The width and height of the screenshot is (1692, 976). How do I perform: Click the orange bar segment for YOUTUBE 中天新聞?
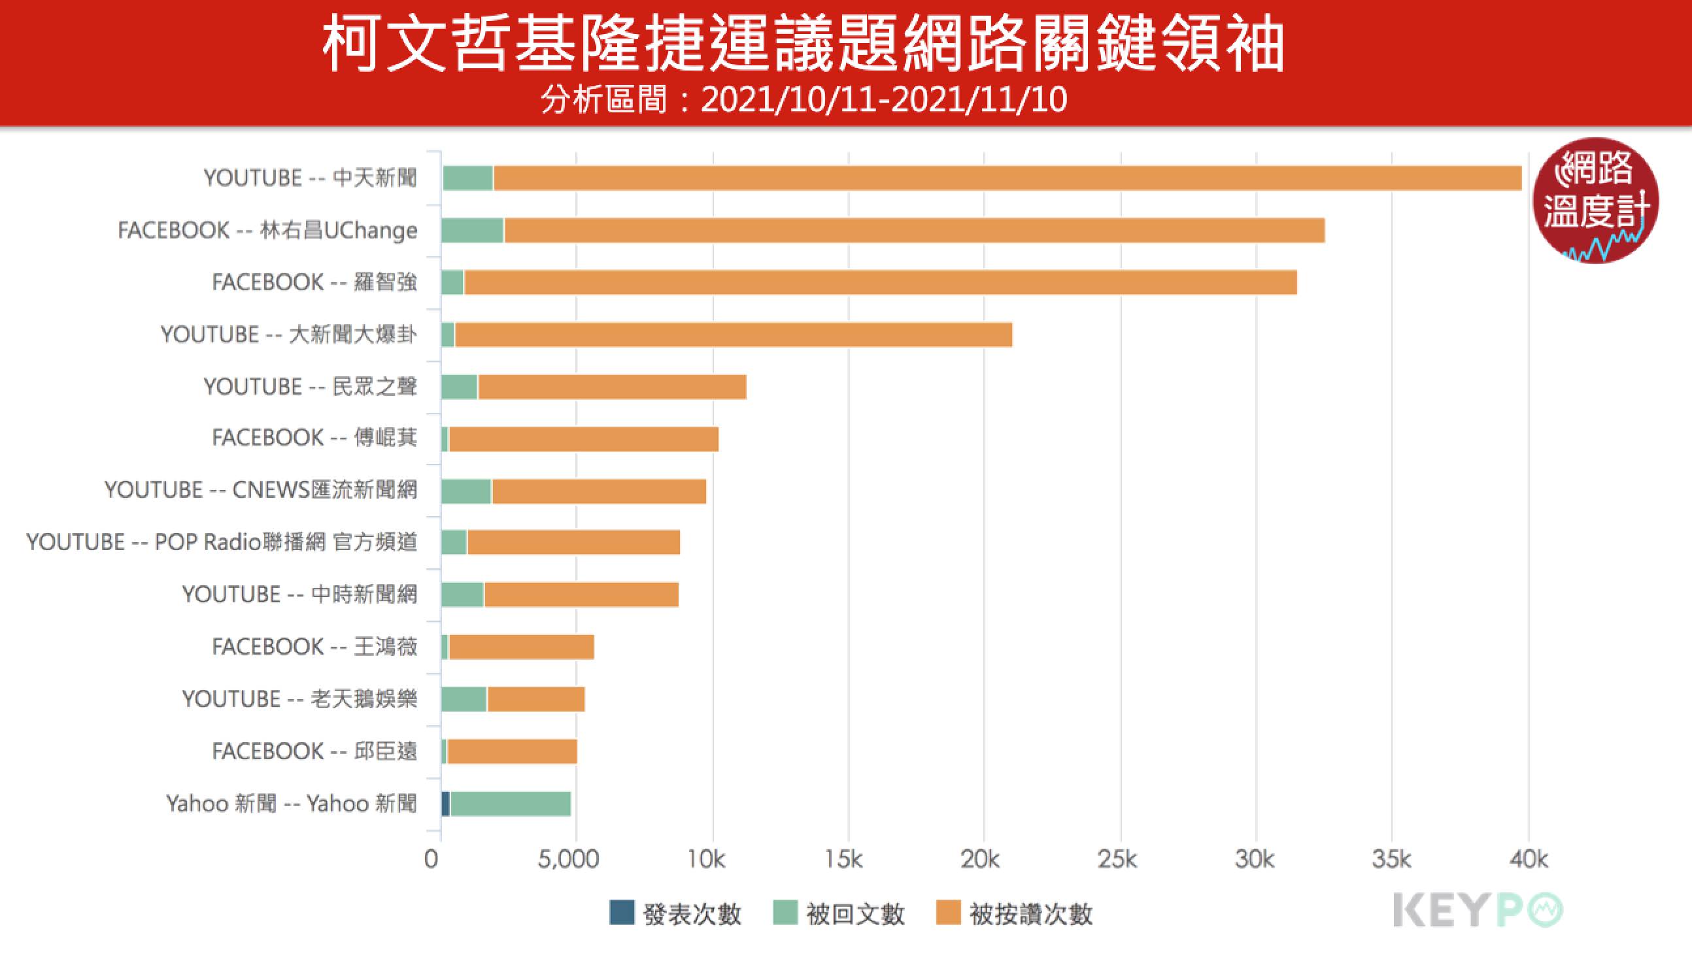click(x=1006, y=178)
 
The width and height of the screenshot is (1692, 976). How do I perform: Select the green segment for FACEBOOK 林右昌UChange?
click(x=472, y=231)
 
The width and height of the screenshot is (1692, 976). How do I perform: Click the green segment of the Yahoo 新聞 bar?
click(x=511, y=804)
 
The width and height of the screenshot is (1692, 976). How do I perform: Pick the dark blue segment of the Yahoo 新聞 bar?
click(x=445, y=804)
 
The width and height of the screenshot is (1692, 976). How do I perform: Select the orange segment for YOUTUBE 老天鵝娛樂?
click(x=535, y=699)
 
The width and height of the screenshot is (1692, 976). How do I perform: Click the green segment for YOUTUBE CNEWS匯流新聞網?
click(x=466, y=491)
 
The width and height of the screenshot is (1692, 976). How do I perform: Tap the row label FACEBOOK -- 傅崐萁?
click(x=314, y=438)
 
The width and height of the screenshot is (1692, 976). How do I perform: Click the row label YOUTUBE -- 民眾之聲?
click(x=311, y=387)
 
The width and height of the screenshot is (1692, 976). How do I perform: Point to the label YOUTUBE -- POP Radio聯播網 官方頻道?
click(x=222, y=542)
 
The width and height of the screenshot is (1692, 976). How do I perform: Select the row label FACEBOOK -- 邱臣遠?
click(x=314, y=751)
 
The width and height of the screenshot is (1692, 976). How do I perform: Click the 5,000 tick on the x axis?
click(x=568, y=859)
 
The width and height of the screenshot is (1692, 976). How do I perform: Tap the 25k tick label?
click(x=1117, y=859)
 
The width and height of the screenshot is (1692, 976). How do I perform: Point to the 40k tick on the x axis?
click(x=1529, y=859)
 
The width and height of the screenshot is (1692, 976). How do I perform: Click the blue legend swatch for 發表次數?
click(x=622, y=913)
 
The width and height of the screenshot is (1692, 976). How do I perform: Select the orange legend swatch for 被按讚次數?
click(x=948, y=913)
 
